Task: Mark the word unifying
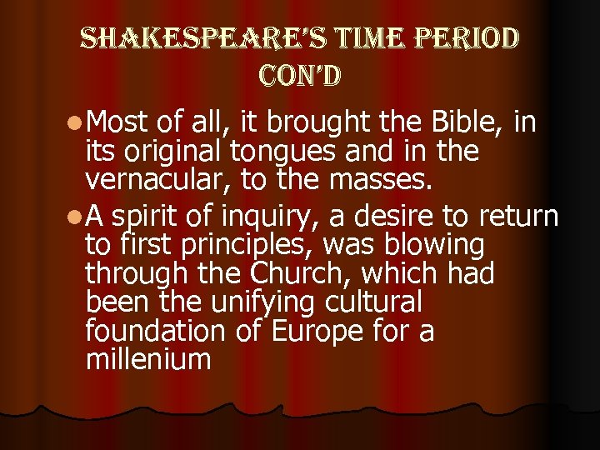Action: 259,302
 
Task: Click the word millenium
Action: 148,360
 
